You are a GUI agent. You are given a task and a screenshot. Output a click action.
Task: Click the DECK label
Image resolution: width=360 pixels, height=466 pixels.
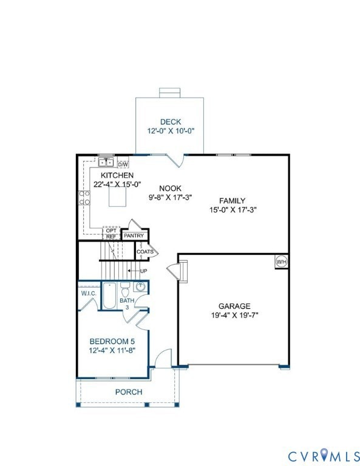coord(171,122)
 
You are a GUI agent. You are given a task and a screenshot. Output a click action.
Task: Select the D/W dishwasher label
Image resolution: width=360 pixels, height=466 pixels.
coord(123,164)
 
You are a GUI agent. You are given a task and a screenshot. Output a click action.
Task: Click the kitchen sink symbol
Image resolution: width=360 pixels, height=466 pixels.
coord(106,162)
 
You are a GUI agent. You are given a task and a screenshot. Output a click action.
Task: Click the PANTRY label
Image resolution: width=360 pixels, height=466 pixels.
coord(133,235)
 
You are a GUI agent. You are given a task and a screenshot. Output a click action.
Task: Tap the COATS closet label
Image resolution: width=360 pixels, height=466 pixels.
coord(144,251)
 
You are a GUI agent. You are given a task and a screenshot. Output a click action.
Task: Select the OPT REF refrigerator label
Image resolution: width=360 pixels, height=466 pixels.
coord(111,234)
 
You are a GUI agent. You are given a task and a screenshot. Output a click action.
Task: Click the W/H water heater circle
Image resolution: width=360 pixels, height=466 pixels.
coord(281,262)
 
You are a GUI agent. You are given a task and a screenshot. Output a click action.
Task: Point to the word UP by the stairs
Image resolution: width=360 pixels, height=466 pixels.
coord(144,271)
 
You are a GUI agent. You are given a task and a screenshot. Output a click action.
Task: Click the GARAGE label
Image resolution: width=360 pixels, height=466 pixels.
coord(234,306)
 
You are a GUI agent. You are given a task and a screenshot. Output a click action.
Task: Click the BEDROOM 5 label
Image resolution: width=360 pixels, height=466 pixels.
coord(111,340)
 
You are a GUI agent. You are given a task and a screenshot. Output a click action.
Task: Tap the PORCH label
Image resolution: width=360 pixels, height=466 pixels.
coord(129,392)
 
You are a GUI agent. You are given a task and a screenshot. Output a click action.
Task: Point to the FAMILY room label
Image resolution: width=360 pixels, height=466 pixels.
coord(232,201)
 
